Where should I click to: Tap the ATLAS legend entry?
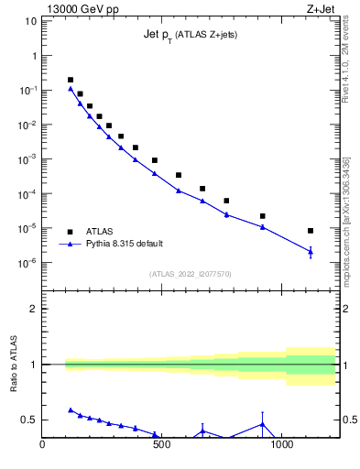98,231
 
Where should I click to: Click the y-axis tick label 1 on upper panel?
34,56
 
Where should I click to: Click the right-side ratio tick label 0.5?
349,420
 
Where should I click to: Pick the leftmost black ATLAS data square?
71,81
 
